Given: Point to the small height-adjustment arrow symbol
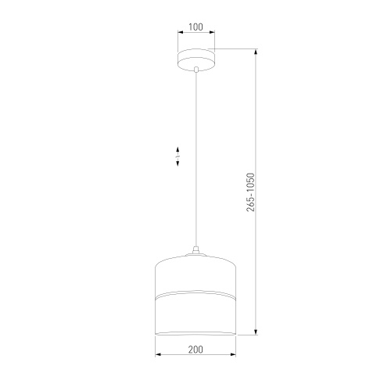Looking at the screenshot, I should click(x=178, y=156).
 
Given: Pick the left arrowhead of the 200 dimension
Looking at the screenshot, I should click(x=158, y=357).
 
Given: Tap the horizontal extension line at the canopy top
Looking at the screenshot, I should click(x=235, y=50).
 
